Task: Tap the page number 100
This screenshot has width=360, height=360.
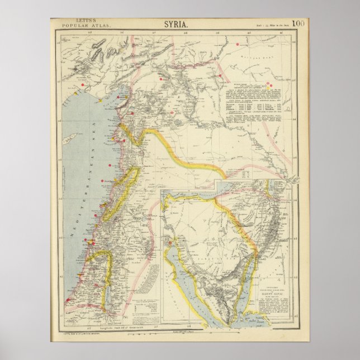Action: tap(299, 23)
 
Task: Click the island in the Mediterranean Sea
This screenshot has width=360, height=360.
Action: tap(69, 143)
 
